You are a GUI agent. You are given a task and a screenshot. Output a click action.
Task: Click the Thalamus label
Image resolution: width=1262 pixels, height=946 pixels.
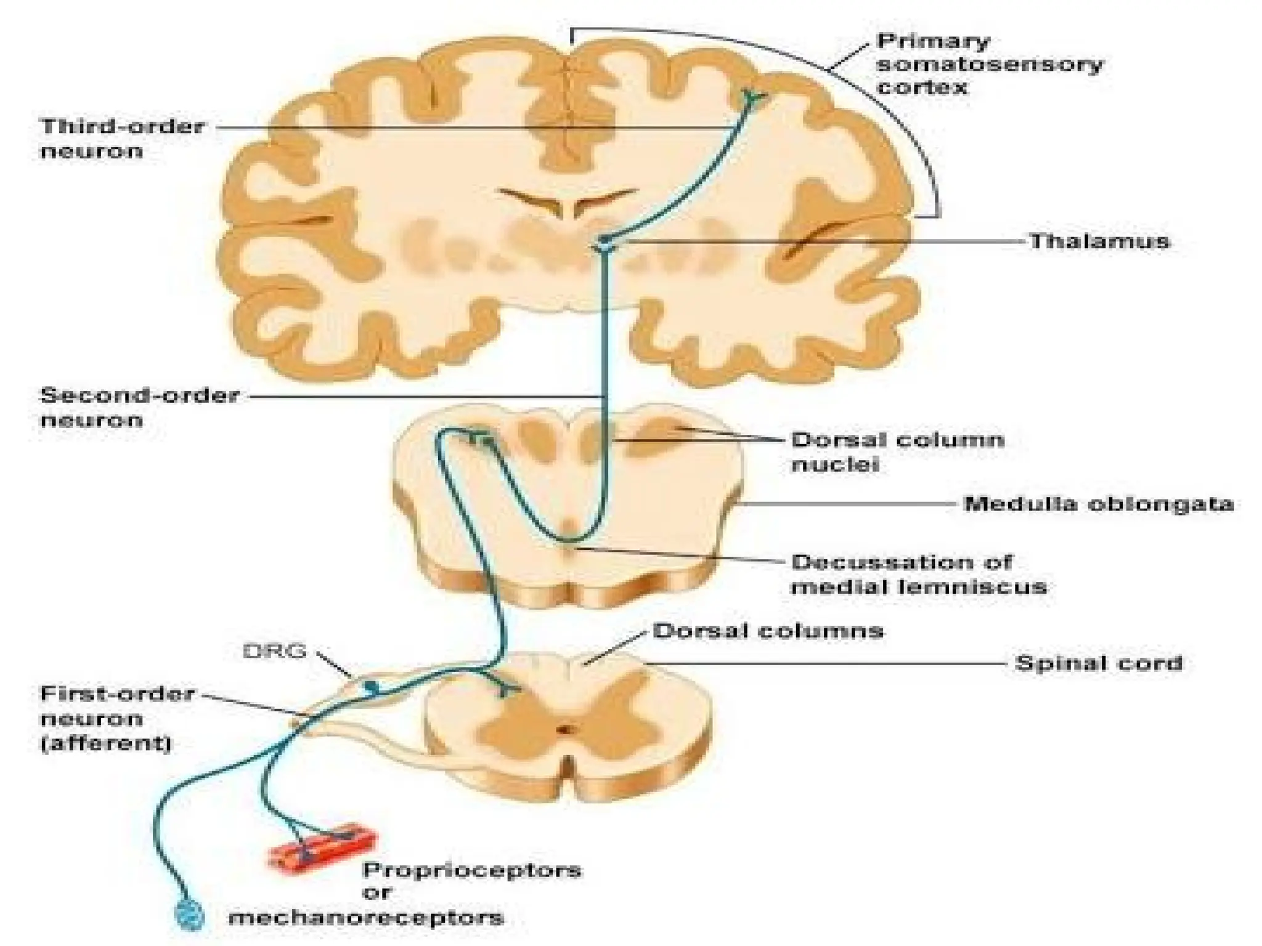click(x=1099, y=241)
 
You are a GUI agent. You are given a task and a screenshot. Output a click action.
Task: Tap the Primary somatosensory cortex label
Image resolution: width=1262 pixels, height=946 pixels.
click(x=990, y=64)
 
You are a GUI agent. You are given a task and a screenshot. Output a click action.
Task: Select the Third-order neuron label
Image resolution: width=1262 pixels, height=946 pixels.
click(x=122, y=138)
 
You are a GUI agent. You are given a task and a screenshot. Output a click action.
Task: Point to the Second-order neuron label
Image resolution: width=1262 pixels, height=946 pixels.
click(x=139, y=407)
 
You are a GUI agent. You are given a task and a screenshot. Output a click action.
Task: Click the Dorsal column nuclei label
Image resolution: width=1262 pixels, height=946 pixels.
click(x=897, y=451)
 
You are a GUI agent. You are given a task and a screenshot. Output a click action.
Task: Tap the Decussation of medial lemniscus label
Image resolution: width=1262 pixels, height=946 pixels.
click(x=918, y=574)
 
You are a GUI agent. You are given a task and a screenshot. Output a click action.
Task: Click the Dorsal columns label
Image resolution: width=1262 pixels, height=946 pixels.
click(x=768, y=631)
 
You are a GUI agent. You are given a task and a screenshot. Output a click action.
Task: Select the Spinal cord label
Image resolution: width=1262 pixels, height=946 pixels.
click(x=1099, y=663)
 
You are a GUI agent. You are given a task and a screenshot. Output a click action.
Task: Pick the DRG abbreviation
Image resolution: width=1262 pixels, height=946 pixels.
click(x=275, y=651)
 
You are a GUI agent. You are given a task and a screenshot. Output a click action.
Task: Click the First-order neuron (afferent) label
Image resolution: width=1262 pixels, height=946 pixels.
click(x=117, y=718)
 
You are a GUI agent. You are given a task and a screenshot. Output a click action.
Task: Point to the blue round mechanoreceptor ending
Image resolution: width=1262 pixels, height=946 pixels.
click(x=189, y=915)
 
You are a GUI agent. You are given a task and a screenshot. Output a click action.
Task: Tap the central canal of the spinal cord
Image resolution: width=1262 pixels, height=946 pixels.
click(x=564, y=730)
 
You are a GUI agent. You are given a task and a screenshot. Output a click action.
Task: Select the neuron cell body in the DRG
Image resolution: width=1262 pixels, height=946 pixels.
click(x=372, y=686)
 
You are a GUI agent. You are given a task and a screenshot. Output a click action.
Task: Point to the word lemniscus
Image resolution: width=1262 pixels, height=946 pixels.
click(x=974, y=586)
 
